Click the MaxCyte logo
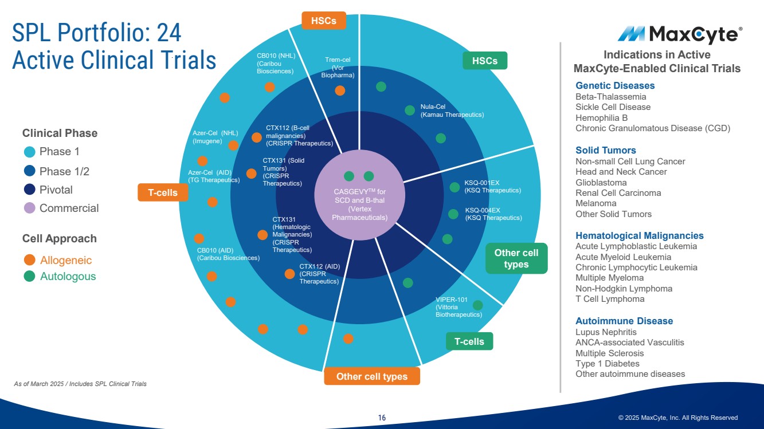[x=680, y=35]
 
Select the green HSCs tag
[x=485, y=61]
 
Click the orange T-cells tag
[x=163, y=193]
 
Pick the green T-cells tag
[x=469, y=342]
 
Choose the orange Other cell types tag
[x=372, y=376]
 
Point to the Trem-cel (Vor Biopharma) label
[x=338, y=68]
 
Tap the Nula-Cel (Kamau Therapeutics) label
[x=452, y=111]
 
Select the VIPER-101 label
[x=458, y=307]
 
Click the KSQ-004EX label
[x=493, y=214]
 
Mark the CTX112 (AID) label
[x=319, y=274]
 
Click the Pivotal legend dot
[x=30, y=190]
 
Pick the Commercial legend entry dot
[x=30, y=208]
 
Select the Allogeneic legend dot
[x=30, y=260]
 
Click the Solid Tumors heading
[x=605, y=151]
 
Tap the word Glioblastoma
[x=601, y=182]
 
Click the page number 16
[x=382, y=418]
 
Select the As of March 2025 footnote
[x=80, y=384]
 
